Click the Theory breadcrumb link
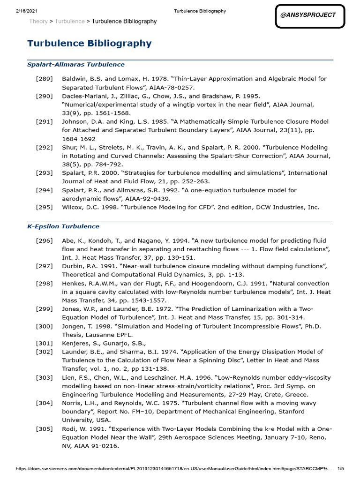point(38,22)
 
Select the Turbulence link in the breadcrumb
point(70,22)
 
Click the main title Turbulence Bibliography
point(90,44)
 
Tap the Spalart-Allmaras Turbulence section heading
point(76,65)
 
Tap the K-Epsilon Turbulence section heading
point(63,226)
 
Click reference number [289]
point(44,79)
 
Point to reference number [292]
point(44,147)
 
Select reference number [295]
point(44,207)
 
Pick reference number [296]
point(44,240)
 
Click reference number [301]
point(44,343)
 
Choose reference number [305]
point(44,429)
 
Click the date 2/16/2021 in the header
point(21,11)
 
